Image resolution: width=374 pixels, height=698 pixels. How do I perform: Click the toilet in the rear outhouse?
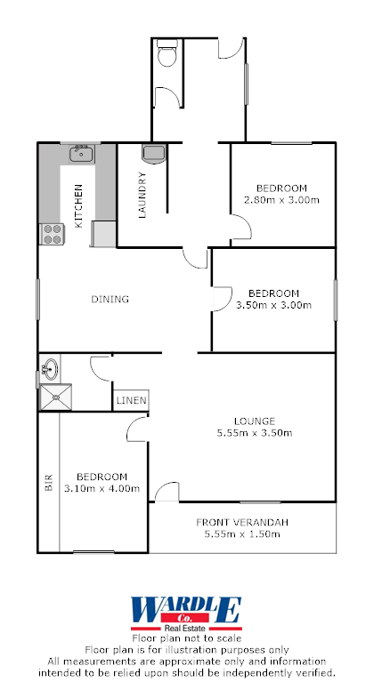167,56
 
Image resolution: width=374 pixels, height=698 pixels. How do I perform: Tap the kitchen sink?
82,155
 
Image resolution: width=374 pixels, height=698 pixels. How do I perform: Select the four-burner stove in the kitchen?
52,234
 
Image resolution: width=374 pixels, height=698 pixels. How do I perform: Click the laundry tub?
153,153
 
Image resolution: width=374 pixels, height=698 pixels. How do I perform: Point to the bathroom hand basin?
50,366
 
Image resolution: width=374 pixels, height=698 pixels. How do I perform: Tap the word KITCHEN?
78,205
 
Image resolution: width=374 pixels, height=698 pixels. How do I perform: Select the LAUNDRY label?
142,195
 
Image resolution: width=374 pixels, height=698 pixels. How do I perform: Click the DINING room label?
110,300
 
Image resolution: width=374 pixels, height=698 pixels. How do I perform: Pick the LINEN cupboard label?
130,402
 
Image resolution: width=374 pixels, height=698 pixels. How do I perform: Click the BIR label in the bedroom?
49,484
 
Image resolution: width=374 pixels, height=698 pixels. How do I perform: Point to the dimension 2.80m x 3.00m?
281,200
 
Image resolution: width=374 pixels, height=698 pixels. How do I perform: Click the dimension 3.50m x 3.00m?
273,305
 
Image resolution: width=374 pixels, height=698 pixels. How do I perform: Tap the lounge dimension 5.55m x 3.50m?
254,433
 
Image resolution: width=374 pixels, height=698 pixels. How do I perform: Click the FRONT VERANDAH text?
242,522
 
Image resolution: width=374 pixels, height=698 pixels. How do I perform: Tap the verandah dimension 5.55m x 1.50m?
242,534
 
